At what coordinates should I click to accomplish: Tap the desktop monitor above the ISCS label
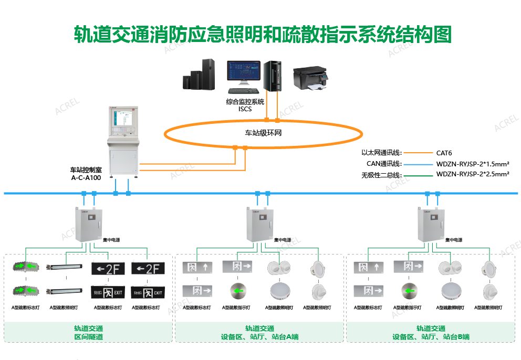pos(243,74)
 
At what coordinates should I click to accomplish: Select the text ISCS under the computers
pos(245,109)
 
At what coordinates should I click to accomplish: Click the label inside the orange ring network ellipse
pos(263,133)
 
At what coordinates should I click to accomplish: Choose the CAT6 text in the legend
pos(444,153)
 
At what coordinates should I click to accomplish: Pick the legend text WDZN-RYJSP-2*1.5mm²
pos(473,164)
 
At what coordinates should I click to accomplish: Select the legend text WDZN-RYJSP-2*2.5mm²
pos(473,174)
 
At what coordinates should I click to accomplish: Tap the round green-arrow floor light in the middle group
pos(238,290)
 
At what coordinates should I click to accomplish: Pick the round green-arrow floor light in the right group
pos(409,290)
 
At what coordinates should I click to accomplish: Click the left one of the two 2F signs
pos(108,269)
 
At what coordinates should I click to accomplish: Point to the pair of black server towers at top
pos(200,75)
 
